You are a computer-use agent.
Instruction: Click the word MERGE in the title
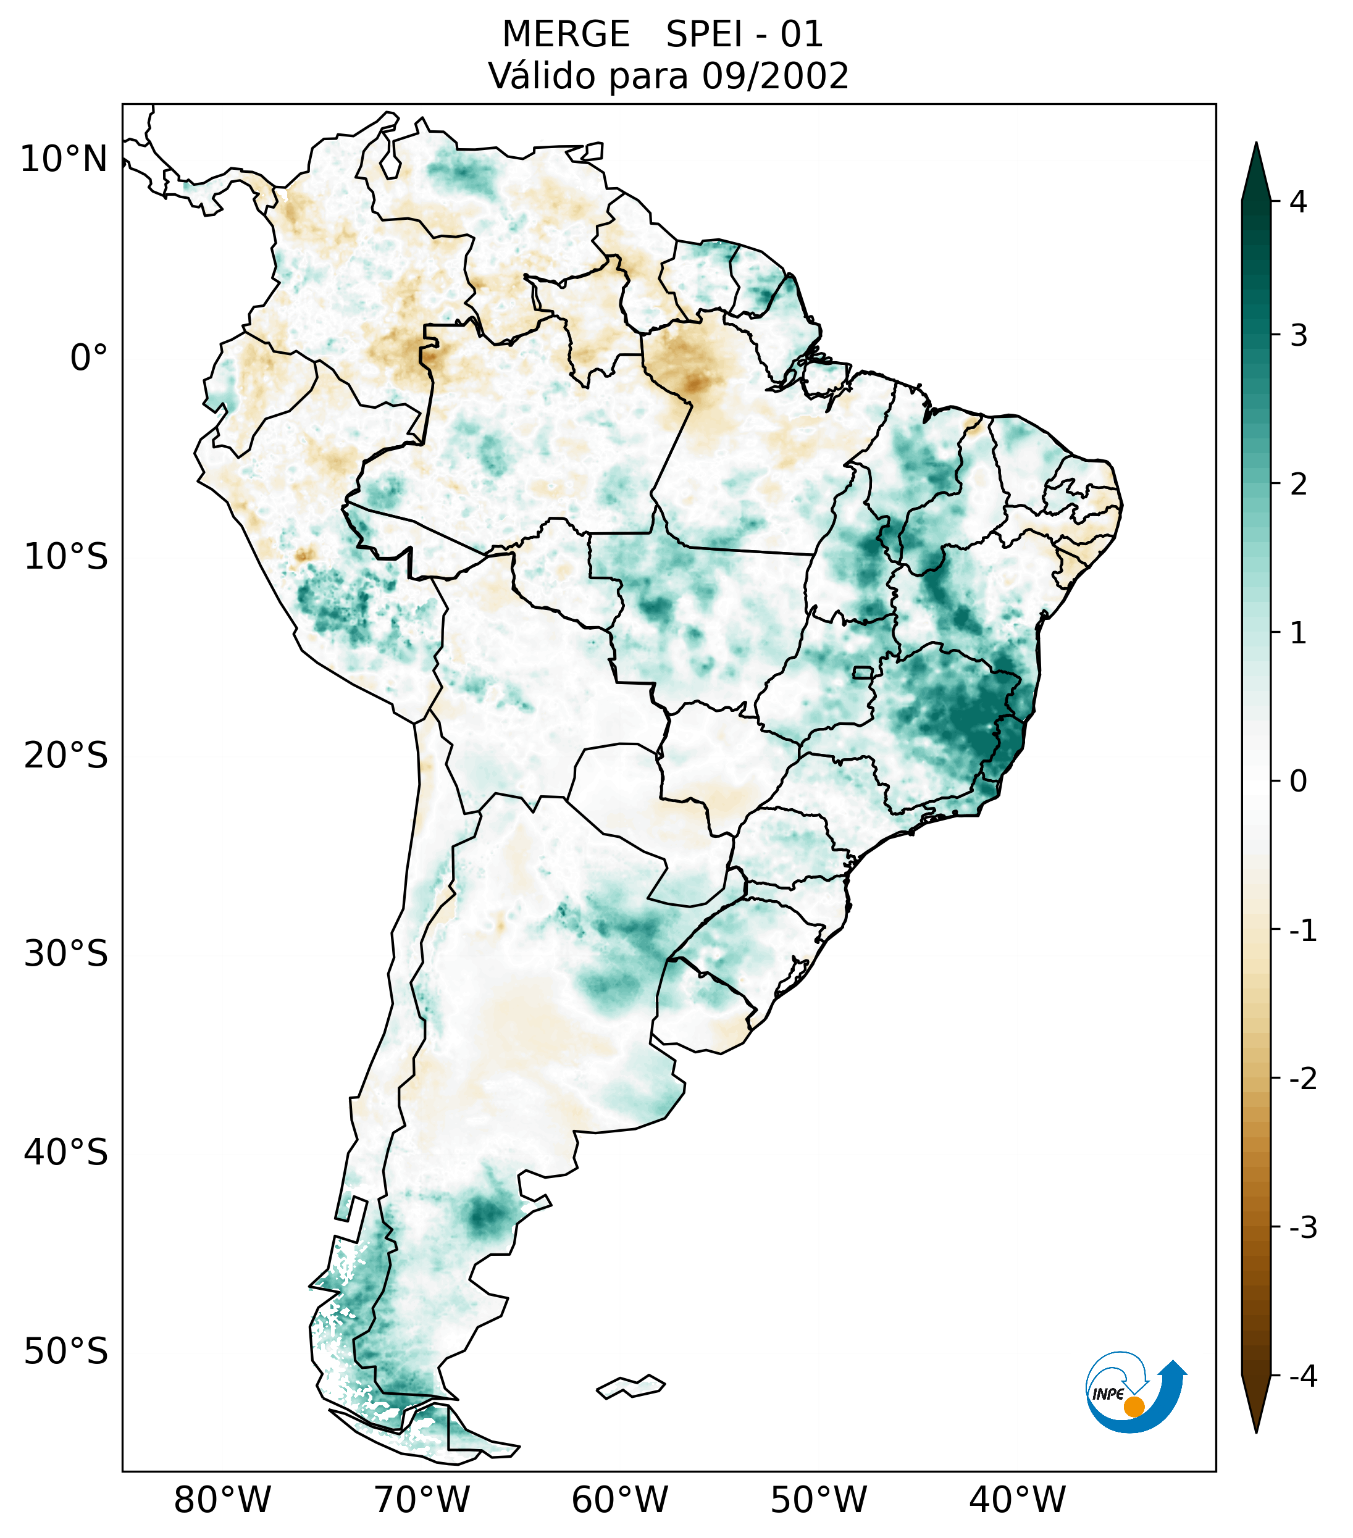565,35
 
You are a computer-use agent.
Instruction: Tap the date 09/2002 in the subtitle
775,76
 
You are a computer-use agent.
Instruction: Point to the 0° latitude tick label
89,358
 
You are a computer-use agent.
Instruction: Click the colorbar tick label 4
1298,202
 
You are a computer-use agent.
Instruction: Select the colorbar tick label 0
1298,782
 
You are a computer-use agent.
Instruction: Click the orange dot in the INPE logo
1133,1406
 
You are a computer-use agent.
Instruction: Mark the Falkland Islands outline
630,1386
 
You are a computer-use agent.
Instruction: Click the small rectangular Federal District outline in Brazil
863,671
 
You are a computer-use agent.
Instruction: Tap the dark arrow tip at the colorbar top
1255,169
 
